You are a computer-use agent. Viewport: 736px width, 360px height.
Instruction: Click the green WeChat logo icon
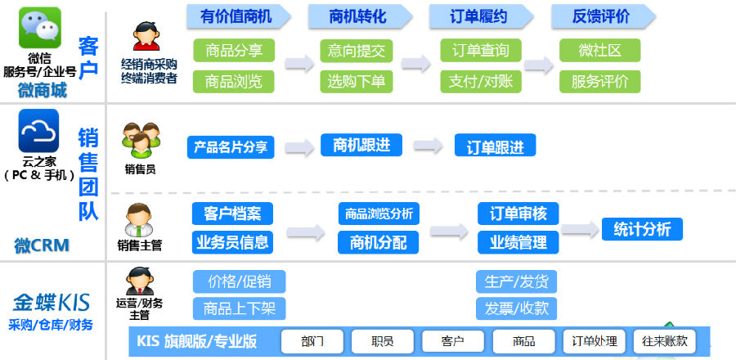coord(40,28)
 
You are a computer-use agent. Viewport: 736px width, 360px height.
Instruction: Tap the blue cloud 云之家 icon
coord(39,130)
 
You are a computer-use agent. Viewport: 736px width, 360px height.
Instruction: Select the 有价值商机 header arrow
coord(239,17)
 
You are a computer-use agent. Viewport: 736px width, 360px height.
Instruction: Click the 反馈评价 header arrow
coord(604,17)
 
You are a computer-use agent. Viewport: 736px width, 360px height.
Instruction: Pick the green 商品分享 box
coord(234,50)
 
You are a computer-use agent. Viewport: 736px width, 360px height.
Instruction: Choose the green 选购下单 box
coord(357,82)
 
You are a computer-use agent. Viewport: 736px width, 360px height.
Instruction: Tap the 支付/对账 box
coord(481,82)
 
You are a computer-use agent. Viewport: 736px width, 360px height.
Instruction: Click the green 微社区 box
coord(600,50)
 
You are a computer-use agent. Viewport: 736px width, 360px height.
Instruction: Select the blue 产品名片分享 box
coord(231,147)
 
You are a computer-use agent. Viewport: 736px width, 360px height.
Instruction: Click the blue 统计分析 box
coord(642,229)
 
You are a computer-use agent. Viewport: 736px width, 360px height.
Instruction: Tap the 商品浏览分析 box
coord(379,214)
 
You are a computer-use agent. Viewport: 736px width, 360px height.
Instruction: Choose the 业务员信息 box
coord(232,242)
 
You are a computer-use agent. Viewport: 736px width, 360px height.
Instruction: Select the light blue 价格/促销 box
coord(239,281)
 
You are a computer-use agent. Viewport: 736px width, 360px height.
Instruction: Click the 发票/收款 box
coord(516,308)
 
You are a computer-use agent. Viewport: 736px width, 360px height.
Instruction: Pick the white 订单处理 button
coord(595,341)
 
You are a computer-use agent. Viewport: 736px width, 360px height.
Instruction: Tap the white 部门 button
coord(312,341)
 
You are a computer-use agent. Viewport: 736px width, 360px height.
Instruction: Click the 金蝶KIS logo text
coord(51,304)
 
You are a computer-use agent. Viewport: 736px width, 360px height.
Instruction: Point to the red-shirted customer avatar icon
coord(146,36)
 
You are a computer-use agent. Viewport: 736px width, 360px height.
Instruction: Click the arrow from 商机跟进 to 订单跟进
coord(428,146)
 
